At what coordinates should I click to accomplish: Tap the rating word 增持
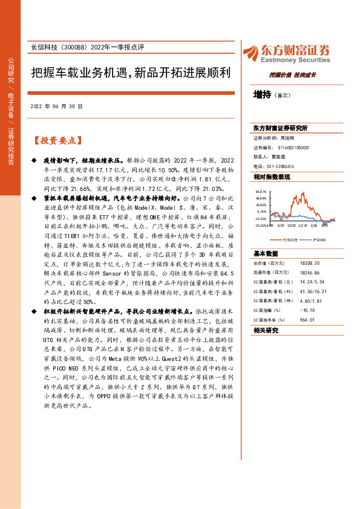coord(263,94)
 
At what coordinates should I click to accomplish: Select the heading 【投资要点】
coord(56,140)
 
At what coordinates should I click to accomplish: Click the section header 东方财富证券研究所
coord(280,128)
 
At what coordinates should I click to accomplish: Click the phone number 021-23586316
coord(281,166)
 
